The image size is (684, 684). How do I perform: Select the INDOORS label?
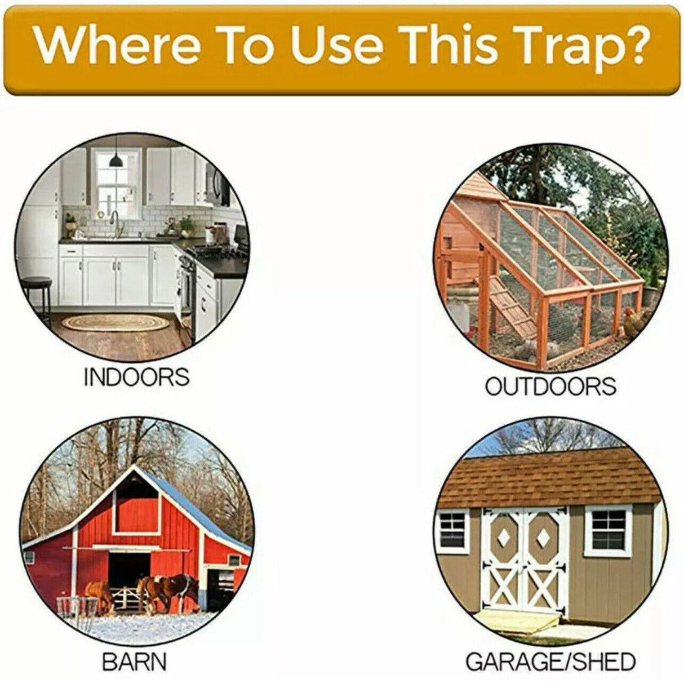click(136, 377)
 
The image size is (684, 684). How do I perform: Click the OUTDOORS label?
click(550, 387)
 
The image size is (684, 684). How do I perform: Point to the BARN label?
click(135, 661)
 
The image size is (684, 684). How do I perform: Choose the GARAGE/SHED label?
click(550, 661)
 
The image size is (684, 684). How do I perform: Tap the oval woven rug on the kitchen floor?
click(115, 323)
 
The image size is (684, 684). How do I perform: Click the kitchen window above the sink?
click(117, 186)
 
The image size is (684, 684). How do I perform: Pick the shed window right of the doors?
click(608, 530)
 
